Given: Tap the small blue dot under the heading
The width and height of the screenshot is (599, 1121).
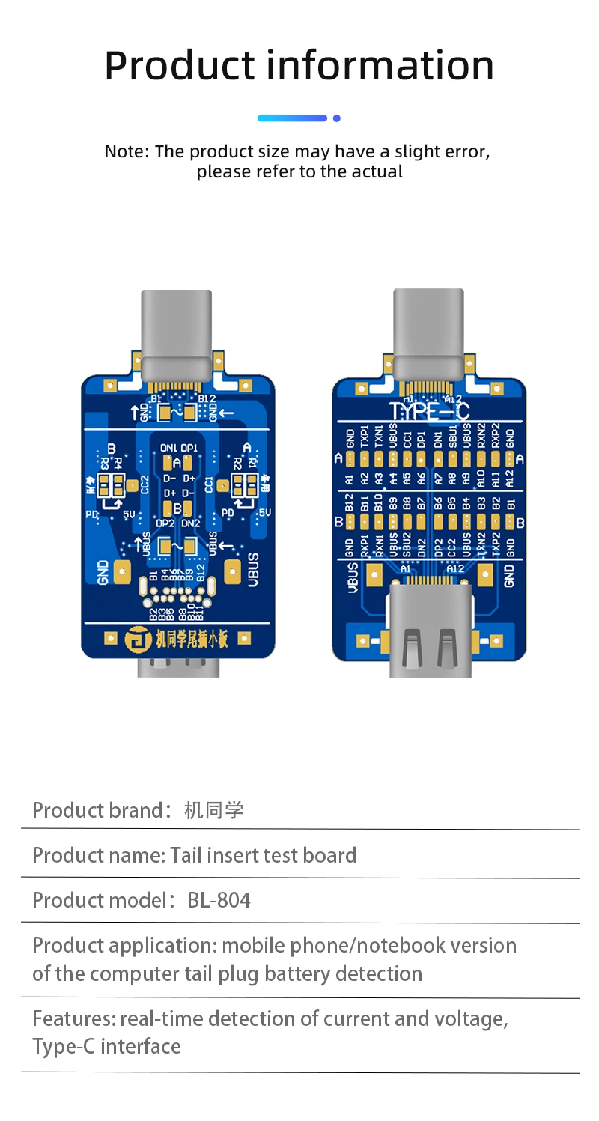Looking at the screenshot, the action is click(337, 118).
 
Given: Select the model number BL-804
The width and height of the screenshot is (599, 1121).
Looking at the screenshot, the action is click(219, 899).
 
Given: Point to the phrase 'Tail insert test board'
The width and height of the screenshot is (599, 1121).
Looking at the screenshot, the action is click(263, 855).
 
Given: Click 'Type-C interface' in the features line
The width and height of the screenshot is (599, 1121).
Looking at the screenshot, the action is click(106, 1046).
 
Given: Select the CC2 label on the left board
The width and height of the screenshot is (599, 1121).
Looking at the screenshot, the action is click(145, 484).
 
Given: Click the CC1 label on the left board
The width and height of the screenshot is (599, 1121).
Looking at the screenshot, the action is click(209, 484).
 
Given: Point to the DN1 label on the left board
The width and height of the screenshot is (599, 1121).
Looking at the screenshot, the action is click(169, 448).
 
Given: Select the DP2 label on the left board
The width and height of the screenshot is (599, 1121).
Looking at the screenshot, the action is click(165, 523).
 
